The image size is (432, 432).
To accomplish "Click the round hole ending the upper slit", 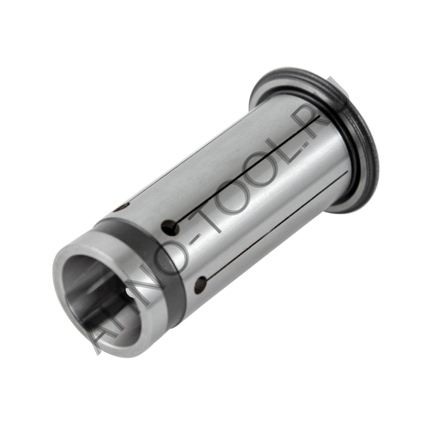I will coord(170,226).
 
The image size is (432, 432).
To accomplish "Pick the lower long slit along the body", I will coord(276,229).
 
